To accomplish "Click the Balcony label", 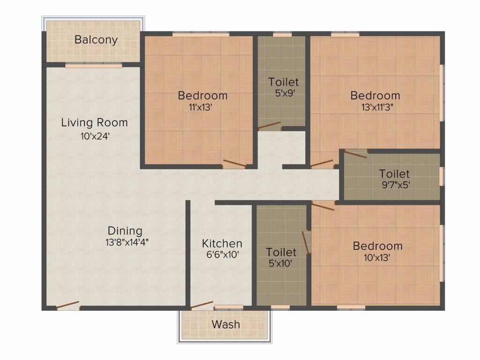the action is click(x=96, y=40).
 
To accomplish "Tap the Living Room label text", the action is click(x=94, y=122).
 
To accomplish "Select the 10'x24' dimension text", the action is click(x=95, y=136).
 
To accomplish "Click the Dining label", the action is click(x=125, y=231).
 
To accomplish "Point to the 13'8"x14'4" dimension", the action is click(x=127, y=242).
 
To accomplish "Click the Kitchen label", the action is click(x=222, y=244).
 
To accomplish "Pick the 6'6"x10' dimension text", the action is click(x=223, y=255).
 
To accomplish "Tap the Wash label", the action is click(x=225, y=324).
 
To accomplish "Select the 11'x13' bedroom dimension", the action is click(x=201, y=107).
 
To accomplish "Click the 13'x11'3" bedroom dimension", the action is click(x=377, y=107).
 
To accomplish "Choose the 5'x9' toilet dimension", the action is click(x=285, y=93).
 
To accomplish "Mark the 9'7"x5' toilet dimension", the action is click(x=396, y=185).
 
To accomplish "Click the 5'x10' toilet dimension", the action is click(x=280, y=263).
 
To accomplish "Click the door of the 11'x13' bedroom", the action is click(x=234, y=164).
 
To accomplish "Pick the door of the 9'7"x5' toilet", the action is click(x=355, y=154).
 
